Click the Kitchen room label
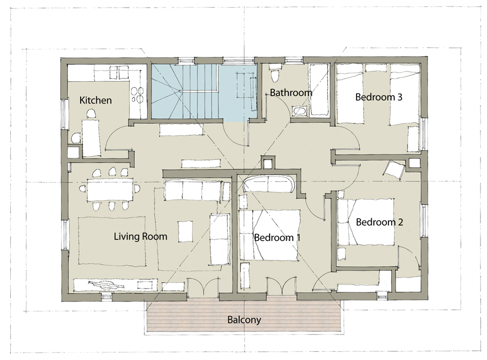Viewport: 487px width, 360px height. coord(95,100)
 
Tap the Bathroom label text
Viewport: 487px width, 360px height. coord(291,93)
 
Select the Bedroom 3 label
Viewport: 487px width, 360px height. coord(379,97)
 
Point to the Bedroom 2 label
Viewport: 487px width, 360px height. coord(379,222)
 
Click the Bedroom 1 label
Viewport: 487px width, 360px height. coord(278,238)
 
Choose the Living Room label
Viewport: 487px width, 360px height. coord(140,237)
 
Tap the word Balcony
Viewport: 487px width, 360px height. coord(244,320)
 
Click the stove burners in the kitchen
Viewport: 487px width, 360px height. coord(137,95)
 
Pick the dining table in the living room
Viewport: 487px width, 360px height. coord(110,190)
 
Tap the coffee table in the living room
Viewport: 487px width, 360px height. coord(185,231)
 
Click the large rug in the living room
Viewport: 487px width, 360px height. coord(111,241)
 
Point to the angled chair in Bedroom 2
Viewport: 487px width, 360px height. coord(394,170)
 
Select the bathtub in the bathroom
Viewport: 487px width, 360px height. coord(319,89)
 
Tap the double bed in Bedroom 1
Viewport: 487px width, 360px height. coord(269,235)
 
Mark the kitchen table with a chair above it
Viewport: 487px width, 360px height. coord(91,138)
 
